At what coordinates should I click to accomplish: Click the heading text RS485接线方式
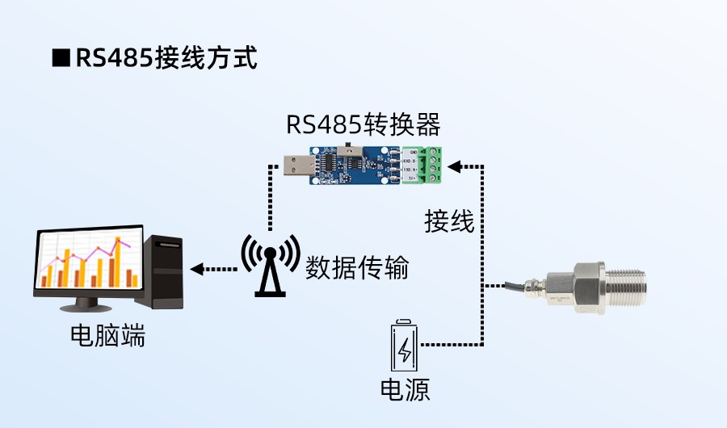click(166, 58)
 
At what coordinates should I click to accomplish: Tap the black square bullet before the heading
click(61, 58)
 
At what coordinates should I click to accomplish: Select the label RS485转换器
click(363, 126)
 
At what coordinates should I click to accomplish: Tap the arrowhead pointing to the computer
click(195, 268)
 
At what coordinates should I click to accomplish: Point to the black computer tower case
click(165, 271)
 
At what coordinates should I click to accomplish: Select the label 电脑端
click(108, 336)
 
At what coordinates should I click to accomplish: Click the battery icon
click(406, 346)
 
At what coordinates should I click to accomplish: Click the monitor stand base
click(90, 308)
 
